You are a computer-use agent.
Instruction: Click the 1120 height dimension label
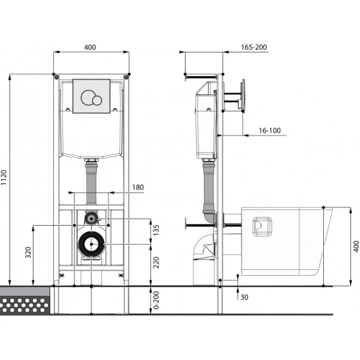point(4,177)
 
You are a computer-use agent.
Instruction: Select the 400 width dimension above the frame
point(90,48)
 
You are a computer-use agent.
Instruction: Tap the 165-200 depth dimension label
point(254,48)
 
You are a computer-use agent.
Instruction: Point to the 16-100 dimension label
point(270,131)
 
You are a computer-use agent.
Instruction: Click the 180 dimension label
point(138,188)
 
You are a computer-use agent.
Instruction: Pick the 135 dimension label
point(156,230)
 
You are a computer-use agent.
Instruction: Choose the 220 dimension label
point(156,262)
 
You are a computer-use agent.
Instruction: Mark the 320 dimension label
point(28,252)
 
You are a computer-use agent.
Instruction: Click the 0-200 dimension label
point(156,300)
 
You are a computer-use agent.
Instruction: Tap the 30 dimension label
point(244,297)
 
